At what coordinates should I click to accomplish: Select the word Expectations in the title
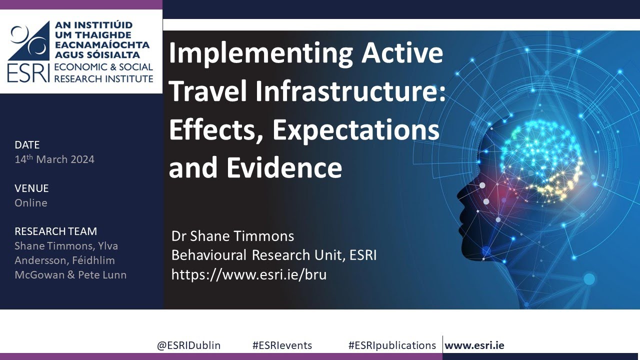[356, 130]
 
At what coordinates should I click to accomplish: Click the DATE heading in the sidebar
[27, 145]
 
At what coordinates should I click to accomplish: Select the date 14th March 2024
[54, 159]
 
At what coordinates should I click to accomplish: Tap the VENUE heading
[31, 188]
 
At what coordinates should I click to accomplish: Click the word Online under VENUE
[31, 203]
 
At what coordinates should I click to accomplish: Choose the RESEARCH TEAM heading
[55, 231]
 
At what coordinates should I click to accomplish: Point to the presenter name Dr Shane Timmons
[232, 236]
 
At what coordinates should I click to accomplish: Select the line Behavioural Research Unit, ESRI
[273, 255]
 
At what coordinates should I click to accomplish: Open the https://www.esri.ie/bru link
[248, 274]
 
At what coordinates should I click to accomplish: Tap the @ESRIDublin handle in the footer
[188, 345]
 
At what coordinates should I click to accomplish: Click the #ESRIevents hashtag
[282, 345]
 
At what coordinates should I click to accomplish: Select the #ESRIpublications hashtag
[392, 345]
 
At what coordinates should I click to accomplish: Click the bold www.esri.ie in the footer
[474, 345]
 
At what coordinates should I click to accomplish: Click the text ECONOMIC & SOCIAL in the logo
[103, 67]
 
